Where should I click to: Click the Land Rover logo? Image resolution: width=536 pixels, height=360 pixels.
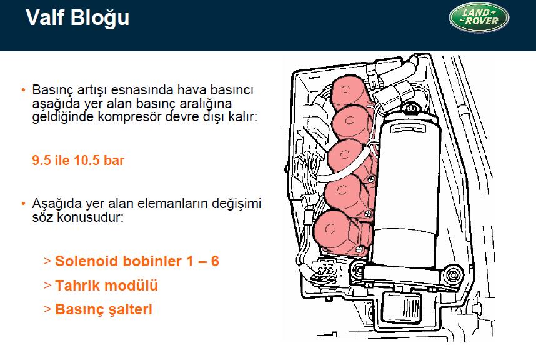(479, 17)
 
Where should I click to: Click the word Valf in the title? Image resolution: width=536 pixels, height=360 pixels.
(45, 17)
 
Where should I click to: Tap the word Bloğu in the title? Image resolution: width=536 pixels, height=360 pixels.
(100, 18)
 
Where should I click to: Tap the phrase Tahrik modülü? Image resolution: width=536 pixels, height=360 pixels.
(106, 285)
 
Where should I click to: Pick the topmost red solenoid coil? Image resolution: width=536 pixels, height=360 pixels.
(349, 92)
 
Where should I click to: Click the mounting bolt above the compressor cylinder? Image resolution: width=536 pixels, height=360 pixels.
(410, 109)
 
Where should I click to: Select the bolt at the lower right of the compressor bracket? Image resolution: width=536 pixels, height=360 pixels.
(453, 274)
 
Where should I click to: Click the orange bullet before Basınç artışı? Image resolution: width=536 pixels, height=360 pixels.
(23, 90)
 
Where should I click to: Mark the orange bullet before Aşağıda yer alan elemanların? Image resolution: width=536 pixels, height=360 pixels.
(23, 204)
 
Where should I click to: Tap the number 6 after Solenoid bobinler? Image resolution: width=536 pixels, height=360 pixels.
(215, 261)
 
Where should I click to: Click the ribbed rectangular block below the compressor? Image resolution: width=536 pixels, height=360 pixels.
(402, 307)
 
